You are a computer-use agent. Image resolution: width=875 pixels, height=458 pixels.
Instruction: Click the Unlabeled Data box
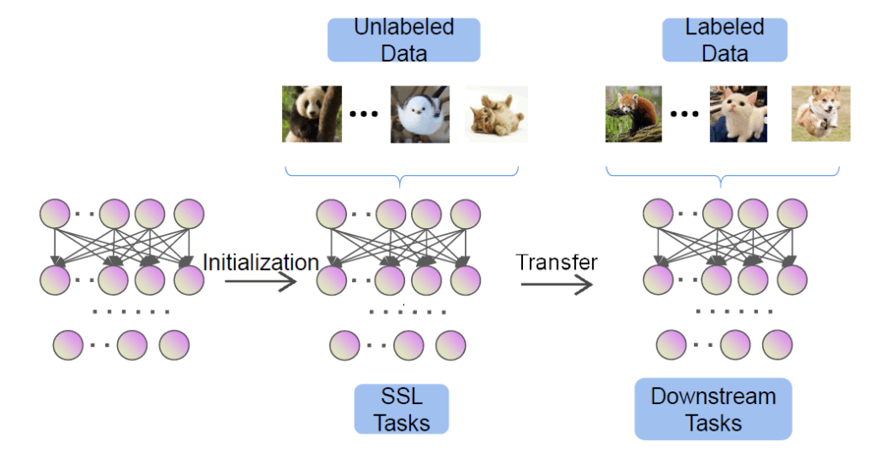point(403,39)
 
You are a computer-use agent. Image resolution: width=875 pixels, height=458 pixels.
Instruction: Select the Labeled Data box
point(724,39)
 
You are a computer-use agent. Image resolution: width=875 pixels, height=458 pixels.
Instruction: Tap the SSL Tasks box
point(402,409)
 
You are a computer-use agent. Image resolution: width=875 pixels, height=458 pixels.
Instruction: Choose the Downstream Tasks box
point(713,409)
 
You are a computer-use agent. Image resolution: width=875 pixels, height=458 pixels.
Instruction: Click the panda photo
point(312,114)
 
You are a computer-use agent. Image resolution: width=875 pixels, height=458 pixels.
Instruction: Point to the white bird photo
point(420,114)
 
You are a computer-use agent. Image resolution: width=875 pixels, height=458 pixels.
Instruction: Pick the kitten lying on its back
point(496,114)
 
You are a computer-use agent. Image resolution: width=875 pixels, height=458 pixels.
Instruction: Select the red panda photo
point(633,114)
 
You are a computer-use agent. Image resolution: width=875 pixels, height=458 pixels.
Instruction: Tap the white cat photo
point(737,114)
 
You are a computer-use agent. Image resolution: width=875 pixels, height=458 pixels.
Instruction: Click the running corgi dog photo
point(820,114)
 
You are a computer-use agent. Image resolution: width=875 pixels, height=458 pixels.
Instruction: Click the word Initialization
point(261,261)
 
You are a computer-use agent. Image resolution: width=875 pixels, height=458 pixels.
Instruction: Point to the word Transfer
point(556,261)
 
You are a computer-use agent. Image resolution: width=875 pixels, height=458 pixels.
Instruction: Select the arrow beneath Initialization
point(261,282)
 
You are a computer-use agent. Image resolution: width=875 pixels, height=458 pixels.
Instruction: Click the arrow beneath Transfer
point(556,285)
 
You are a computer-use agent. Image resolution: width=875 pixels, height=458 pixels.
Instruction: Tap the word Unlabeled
point(403,26)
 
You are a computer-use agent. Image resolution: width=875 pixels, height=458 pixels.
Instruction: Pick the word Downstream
point(713,396)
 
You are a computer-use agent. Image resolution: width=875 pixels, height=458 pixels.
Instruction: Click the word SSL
point(402,396)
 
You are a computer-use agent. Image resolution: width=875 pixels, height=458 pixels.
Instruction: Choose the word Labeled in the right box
point(724,26)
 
